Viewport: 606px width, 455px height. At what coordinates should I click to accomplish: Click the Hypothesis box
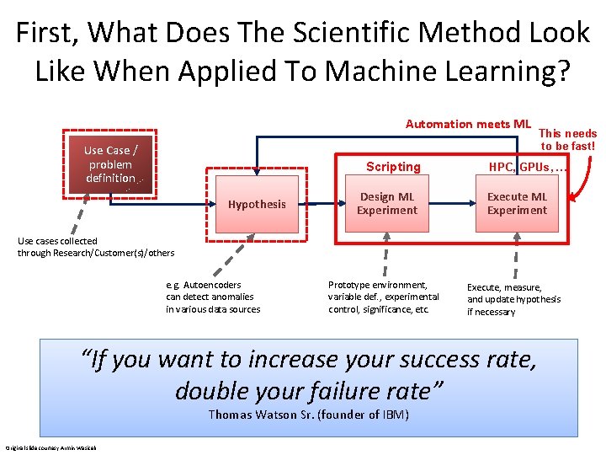pos(257,204)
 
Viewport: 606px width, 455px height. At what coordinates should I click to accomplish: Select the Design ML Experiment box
pos(386,204)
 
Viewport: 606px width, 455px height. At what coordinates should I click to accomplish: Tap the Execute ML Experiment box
pos(517,204)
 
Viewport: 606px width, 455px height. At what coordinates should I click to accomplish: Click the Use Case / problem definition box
pos(110,164)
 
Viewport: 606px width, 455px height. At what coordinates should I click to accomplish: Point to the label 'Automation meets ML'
pos(468,125)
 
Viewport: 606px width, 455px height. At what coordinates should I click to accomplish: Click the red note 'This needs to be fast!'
pos(567,140)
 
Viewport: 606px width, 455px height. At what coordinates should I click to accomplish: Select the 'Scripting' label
pos(392,167)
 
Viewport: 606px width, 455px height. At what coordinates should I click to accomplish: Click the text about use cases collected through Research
pos(96,247)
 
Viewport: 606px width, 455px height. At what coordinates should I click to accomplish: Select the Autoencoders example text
pos(213,297)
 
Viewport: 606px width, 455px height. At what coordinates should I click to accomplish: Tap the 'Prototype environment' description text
pos(383,297)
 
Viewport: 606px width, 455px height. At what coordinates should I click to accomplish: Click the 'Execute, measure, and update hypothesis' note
pos(513,299)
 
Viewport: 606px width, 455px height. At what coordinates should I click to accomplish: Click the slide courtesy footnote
pos(50,447)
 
